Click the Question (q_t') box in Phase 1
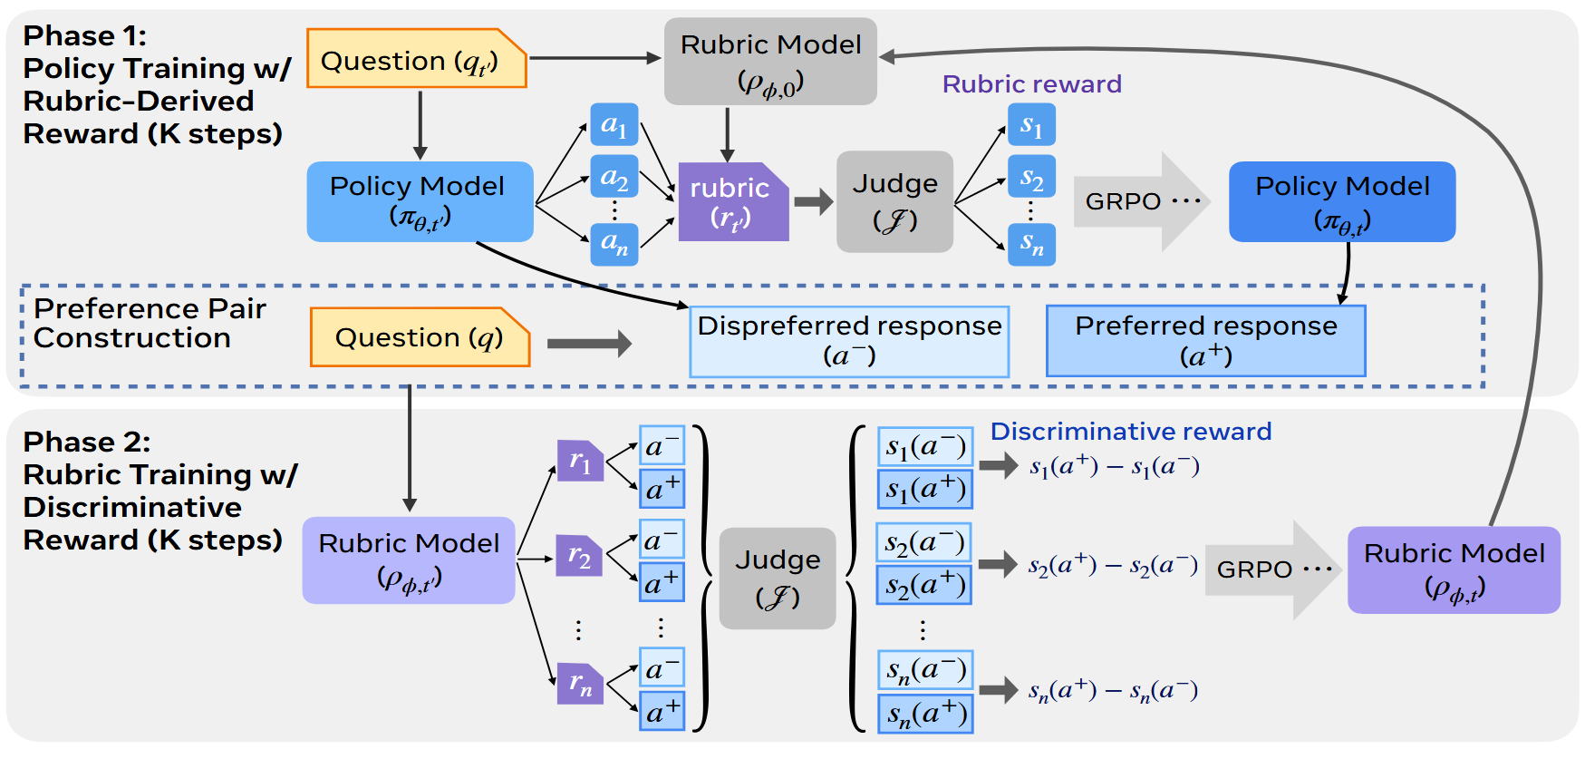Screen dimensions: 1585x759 point(417,59)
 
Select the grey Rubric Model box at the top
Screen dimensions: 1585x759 point(770,61)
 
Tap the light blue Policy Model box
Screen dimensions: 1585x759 point(420,201)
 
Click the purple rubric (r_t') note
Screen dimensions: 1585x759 point(733,202)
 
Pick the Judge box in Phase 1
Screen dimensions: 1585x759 point(894,201)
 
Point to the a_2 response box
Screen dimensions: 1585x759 point(614,177)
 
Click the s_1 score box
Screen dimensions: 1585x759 point(1031,124)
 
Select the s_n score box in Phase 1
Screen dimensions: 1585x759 point(1031,243)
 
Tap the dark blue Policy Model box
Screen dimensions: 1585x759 point(1342,201)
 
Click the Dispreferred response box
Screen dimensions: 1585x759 point(849,342)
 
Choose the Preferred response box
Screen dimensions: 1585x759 point(1205,341)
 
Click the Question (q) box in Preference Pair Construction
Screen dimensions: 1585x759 point(420,337)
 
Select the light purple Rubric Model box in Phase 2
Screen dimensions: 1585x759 point(409,560)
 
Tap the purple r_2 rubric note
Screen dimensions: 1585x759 point(579,555)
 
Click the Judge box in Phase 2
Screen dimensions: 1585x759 point(778,579)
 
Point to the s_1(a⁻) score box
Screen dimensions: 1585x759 point(925,447)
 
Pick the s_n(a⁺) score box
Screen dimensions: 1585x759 point(925,714)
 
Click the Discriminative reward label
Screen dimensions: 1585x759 point(1131,431)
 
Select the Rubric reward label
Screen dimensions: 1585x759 point(1032,83)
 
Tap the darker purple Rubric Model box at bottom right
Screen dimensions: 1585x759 point(1454,570)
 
